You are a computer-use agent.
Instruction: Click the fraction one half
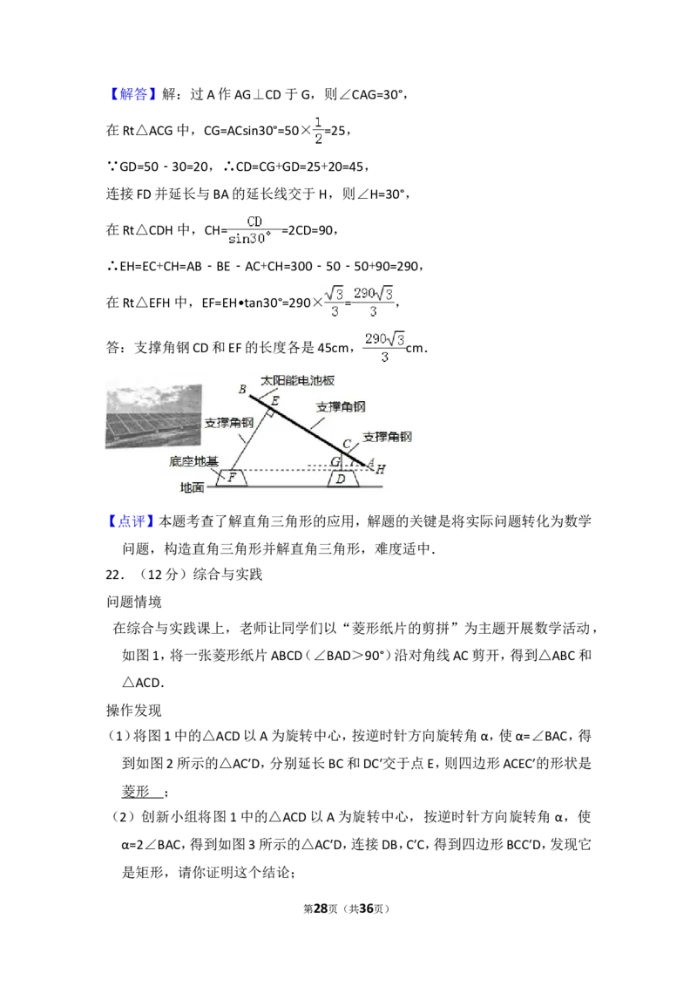click(318, 129)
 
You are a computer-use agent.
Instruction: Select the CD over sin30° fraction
click(254, 230)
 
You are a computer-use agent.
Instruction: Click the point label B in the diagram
click(242, 389)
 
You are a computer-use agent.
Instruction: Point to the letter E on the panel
click(275, 400)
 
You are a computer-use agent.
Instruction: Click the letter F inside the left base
click(232, 478)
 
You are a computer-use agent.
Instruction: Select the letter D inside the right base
click(341, 479)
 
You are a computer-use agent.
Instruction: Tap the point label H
click(381, 470)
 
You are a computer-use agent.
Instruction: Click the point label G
click(335, 461)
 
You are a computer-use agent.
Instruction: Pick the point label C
click(346, 445)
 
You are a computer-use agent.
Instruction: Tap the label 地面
click(192, 488)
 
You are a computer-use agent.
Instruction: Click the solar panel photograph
click(153, 417)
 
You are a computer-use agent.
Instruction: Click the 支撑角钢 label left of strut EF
click(229, 423)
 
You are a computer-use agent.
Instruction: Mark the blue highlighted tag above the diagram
click(135, 95)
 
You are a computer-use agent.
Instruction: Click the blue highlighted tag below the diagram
click(131, 521)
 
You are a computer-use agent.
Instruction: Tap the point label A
click(370, 462)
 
